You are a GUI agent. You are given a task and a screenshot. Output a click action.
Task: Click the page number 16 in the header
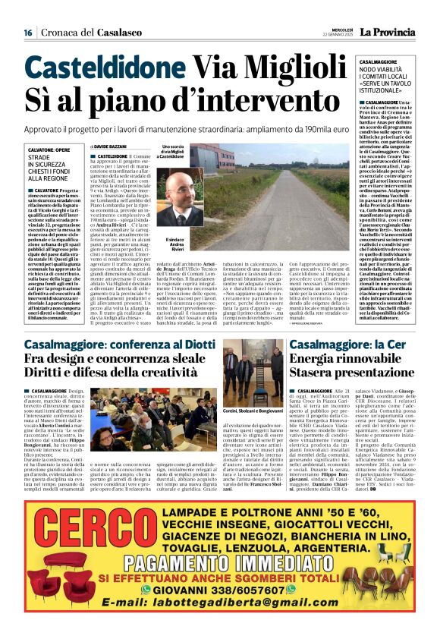point(27,33)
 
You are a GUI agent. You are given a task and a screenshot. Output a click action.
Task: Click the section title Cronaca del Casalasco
point(83,33)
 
